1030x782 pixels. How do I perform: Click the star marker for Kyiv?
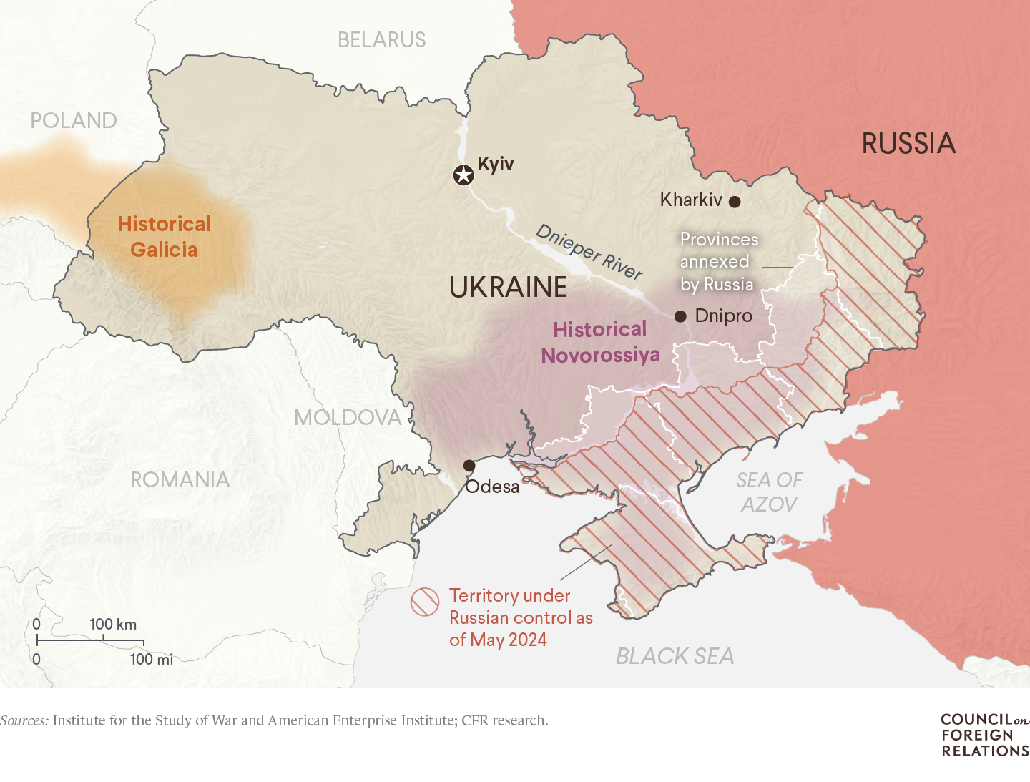click(x=463, y=175)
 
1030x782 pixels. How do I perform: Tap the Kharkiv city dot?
click(x=735, y=202)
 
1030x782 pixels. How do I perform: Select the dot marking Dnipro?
click(x=680, y=316)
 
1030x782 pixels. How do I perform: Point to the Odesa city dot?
click(x=469, y=466)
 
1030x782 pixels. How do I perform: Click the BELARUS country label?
click(x=381, y=40)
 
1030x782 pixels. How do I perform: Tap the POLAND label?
click(x=74, y=121)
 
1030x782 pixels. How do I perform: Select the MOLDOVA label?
click(x=348, y=418)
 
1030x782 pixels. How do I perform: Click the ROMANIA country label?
click(x=180, y=480)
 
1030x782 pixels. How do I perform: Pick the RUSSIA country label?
click(x=908, y=144)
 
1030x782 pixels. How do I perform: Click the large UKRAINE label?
click(x=508, y=288)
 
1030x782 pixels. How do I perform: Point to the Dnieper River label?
click(x=589, y=252)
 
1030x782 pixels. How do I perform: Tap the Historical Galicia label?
click(x=165, y=237)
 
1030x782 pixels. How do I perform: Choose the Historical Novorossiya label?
click(x=600, y=342)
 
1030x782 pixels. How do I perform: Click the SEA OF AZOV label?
click(x=770, y=492)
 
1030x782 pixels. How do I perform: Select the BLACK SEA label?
click(x=675, y=656)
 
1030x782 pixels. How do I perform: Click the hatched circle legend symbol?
click(x=425, y=602)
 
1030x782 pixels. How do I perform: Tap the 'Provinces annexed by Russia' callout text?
click(x=717, y=262)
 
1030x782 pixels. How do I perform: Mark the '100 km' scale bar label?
click(x=113, y=625)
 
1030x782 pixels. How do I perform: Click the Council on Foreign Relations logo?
click(x=985, y=735)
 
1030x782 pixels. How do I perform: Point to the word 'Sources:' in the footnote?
click(x=24, y=720)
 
